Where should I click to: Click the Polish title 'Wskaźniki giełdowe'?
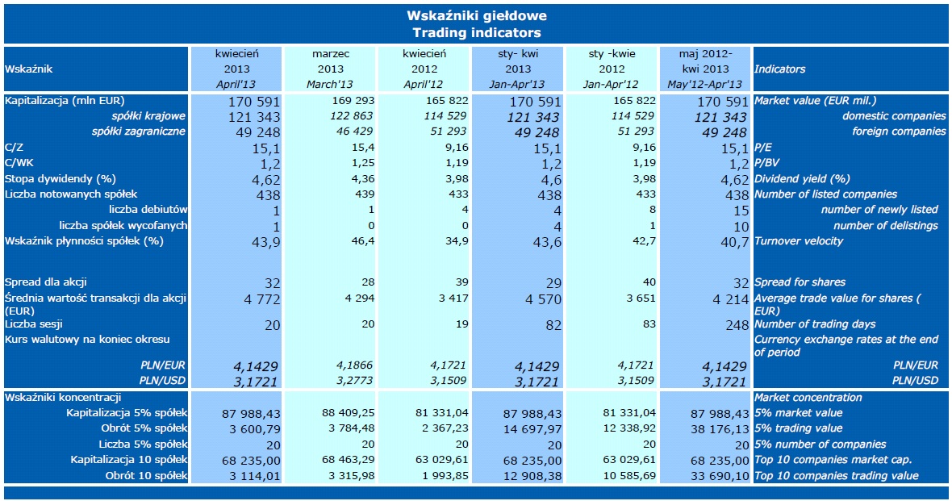tap(476, 15)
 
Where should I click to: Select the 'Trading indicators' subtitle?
tap(476, 33)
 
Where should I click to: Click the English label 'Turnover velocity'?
tap(798, 241)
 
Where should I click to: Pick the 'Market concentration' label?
tap(808, 397)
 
